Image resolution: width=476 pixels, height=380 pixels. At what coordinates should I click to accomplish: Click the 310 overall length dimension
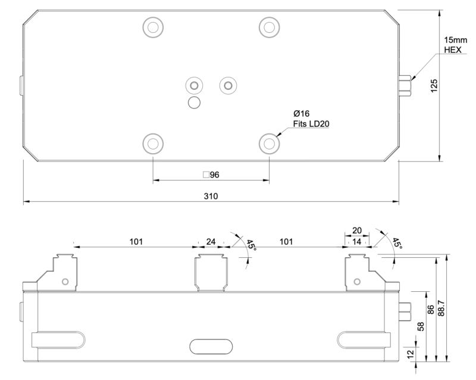coord(211,196)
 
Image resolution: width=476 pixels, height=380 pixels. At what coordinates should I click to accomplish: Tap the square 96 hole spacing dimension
coord(211,175)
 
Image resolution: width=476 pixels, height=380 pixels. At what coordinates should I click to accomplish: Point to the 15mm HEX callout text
coord(456,45)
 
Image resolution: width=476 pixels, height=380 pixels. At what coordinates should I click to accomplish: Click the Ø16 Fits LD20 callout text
coord(311,119)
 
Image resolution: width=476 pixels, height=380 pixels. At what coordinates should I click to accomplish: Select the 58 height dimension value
coord(421,326)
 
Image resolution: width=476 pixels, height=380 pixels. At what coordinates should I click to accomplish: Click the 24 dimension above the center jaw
coord(211,242)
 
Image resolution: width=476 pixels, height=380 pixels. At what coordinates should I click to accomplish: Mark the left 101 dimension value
coord(136,242)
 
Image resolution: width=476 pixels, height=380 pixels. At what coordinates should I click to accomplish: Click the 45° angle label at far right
coord(395,245)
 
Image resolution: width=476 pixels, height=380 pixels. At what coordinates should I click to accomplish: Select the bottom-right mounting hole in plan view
coord(270,143)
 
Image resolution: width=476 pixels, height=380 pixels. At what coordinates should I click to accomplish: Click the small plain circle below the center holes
coord(194,103)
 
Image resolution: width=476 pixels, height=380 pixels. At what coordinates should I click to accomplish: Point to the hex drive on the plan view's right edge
coord(406,86)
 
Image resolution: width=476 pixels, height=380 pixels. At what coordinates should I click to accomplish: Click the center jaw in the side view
coord(211,272)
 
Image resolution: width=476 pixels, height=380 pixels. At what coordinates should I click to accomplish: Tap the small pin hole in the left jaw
coord(65,281)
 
